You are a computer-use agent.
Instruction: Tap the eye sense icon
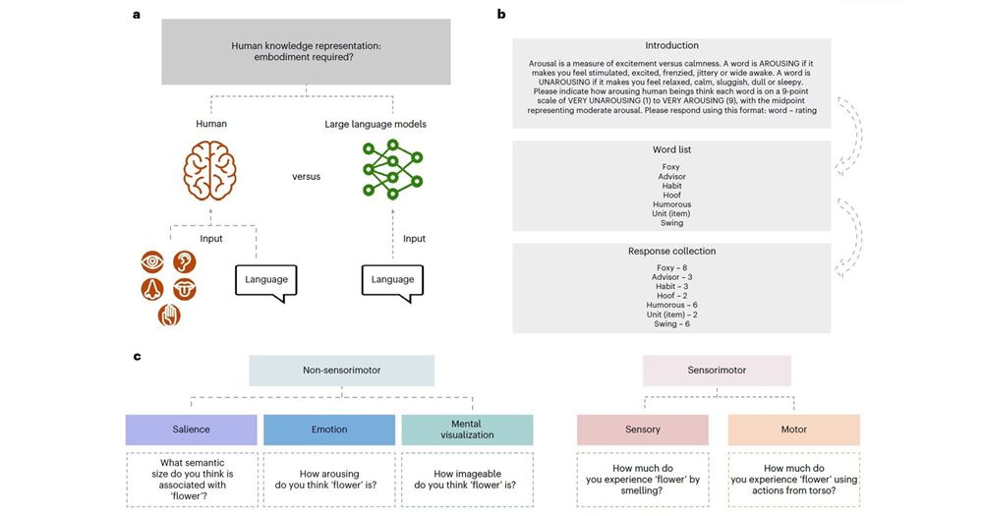(153, 262)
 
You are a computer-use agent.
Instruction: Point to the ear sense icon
(184, 262)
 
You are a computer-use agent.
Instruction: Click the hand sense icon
(169, 315)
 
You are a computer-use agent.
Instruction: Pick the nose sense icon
(153, 289)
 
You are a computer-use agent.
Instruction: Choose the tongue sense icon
(184, 289)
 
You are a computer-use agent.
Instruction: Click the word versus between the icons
(306, 177)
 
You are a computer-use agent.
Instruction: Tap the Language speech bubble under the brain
(265, 280)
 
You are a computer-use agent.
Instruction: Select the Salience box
(192, 430)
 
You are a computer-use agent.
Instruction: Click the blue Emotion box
(329, 430)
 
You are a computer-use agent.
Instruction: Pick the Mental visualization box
(467, 430)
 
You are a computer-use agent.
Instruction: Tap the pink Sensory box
(642, 430)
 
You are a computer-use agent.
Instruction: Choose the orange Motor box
(794, 430)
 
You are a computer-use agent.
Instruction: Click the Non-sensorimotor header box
(341, 371)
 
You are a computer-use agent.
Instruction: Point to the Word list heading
(671, 149)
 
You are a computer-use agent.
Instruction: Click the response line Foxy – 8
(671, 267)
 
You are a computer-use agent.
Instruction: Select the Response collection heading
(671, 251)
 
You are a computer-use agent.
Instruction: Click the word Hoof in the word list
(671, 195)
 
